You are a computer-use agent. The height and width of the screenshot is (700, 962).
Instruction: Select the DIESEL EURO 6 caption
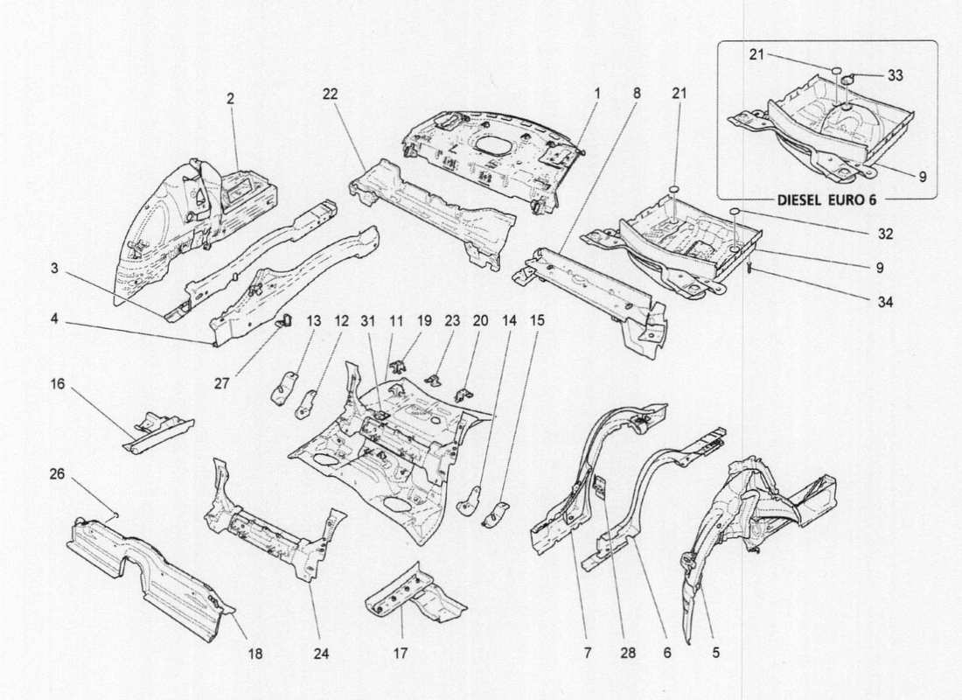826,199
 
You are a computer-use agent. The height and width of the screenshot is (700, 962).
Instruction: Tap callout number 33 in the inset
895,76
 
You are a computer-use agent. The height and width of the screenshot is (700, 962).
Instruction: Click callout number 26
57,475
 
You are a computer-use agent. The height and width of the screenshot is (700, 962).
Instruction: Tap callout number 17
401,652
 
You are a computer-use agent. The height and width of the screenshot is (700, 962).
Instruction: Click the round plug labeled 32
737,213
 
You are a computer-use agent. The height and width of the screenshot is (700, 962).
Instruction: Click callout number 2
230,100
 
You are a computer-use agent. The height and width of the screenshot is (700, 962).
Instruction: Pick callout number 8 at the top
636,92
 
